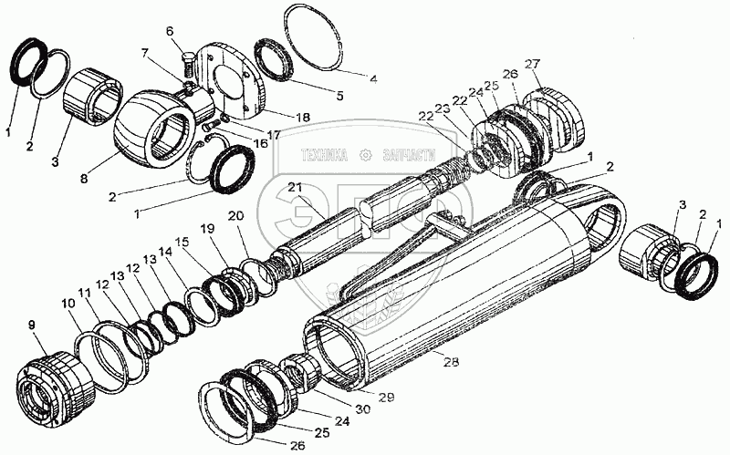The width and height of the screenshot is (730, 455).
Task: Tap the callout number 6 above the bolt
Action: click(170, 32)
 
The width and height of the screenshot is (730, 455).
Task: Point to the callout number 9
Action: click(32, 324)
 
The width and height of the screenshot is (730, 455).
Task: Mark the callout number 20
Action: click(236, 217)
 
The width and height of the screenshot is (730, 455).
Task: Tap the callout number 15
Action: click(182, 241)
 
